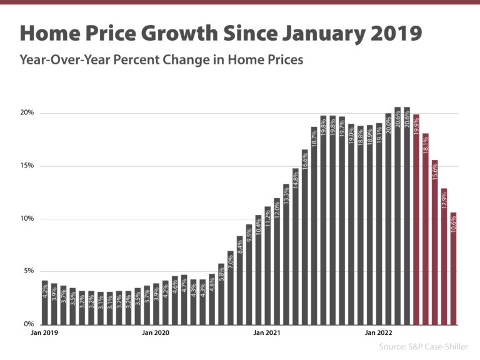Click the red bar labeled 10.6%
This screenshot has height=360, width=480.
453,269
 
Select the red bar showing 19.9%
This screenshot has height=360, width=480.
416,219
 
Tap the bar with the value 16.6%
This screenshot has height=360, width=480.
305,237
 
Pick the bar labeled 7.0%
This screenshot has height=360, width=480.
230,287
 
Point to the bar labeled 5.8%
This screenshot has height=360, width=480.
221,294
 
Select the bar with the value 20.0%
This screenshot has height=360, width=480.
388,219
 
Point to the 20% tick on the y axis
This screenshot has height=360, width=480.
27,113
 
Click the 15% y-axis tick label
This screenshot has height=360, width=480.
27,166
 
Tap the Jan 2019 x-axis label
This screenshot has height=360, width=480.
44,334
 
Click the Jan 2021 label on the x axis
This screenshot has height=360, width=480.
267,334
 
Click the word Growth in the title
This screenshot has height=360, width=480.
198,32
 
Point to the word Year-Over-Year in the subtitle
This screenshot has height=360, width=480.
57,61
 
